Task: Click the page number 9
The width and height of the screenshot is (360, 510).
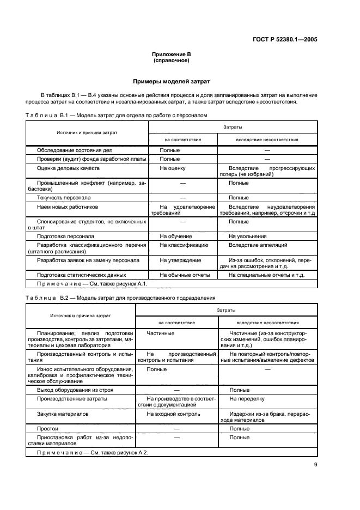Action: click(x=315, y=464)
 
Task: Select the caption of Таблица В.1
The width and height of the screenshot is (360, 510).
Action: click(x=116, y=116)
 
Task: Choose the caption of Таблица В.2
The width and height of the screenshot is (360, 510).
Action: click(x=120, y=298)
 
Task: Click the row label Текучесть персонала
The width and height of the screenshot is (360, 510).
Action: click(x=64, y=197)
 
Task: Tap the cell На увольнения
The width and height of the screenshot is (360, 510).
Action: click(x=247, y=236)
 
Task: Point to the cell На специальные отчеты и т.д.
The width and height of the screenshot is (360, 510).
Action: click(x=266, y=276)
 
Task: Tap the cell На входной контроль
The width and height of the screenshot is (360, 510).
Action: click(x=173, y=414)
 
